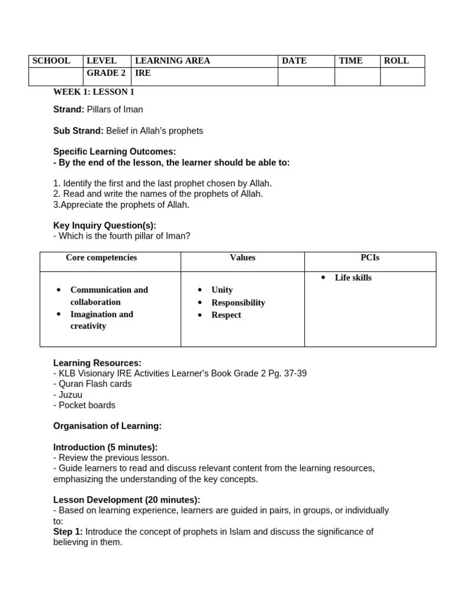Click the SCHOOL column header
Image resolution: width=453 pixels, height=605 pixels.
(x=51, y=61)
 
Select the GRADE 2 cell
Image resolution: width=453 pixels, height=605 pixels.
(x=106, y=73)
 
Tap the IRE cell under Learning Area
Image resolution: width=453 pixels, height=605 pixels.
(x=143, y=73)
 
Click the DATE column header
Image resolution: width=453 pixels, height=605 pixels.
(x=294, y=61)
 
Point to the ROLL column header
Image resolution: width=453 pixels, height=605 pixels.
(x=396, y=61)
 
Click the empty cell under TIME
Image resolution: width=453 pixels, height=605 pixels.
(x=357, y=76)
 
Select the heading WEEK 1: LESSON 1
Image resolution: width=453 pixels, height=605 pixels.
(x=94, y=92)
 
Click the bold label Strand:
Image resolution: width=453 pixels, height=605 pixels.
(x=69, y=109)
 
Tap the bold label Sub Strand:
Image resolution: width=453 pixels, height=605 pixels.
(x=78, y=131)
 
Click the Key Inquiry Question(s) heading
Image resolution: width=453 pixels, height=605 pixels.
(x=104, y=225)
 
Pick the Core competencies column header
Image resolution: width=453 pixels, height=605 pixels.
(x=101, y=258)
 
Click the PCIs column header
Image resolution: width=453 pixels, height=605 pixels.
(x=370, y=258)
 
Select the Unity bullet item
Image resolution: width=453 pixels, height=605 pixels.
(x=222, y=290)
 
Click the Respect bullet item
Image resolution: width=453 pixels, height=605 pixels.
(x=226, y=315)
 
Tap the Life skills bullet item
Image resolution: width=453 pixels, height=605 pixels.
(x=353, y=278)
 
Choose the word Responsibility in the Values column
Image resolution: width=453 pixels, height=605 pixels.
(x=238, y=302)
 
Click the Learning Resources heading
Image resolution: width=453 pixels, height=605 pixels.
(x=97, y=363)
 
